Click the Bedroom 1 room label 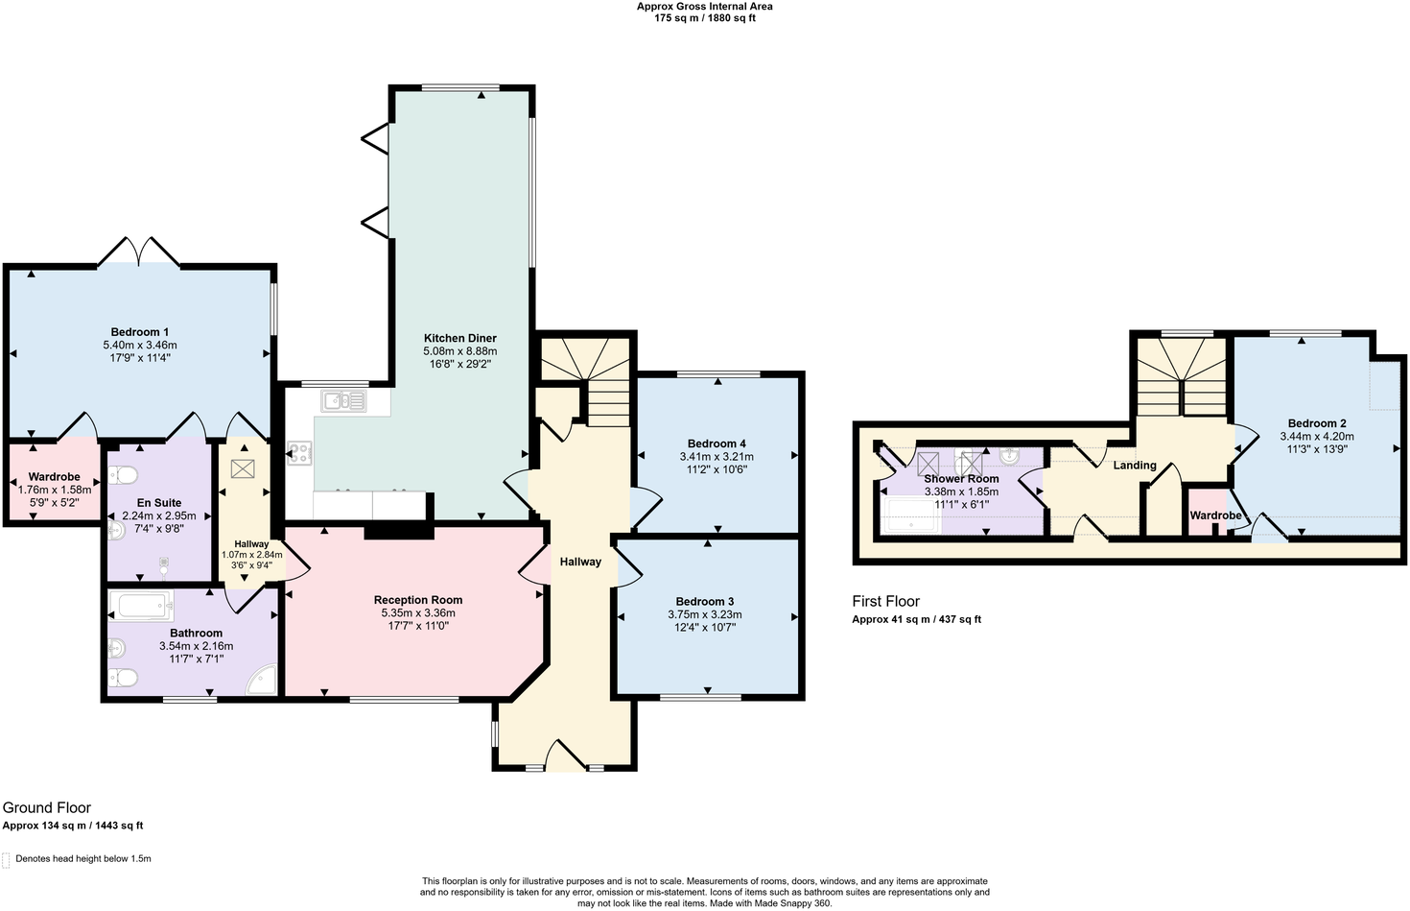(x=140, y=332)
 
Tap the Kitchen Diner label (x=460, y=338)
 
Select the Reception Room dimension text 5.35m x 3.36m (x=418, y=613)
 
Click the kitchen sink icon (x=343, y=401)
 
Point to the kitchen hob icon (x=299, y=453)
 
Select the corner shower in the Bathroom (x=262, y=680)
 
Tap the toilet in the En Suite (x=124, y=475)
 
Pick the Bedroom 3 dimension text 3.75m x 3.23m (x=705, y=615)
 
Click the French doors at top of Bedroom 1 (x=139, y=252)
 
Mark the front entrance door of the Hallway (x=566, y=755)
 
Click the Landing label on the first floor (x=1134, y=466)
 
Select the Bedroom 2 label (x=1317, y=423)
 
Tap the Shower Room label (x=961, y=478)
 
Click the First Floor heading (x=885, y=601)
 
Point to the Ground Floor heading (x=47, y=807)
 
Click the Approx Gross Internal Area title (x=705, y=7)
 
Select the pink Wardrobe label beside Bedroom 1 (x=54, y=477)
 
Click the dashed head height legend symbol (x=7, y=859)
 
